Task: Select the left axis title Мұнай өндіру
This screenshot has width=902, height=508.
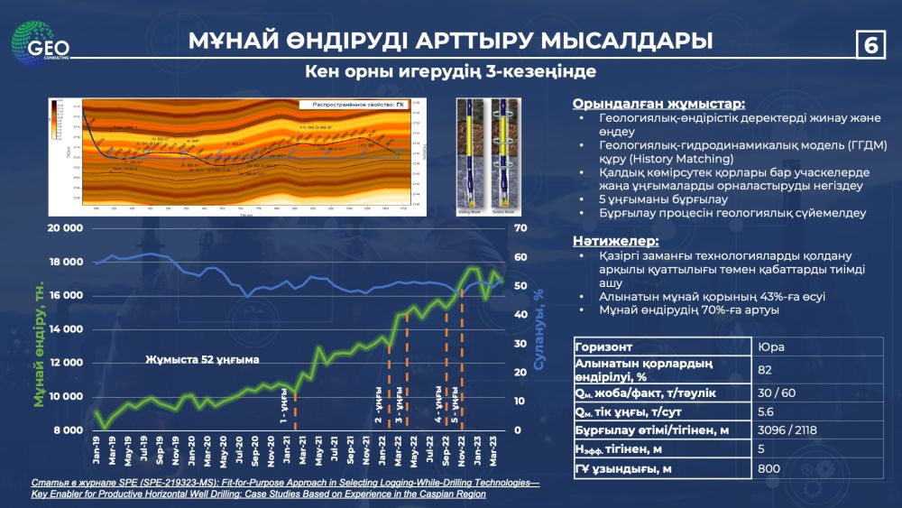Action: click(x=39, y=343)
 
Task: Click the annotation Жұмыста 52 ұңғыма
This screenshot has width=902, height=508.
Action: click(x=202, y=359)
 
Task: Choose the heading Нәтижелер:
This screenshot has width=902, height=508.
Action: click(x=615, y=241)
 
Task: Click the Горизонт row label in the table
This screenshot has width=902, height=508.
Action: click(x=609, y=346)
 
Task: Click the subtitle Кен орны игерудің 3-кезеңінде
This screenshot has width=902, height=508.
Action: click(x=450, y=71)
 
